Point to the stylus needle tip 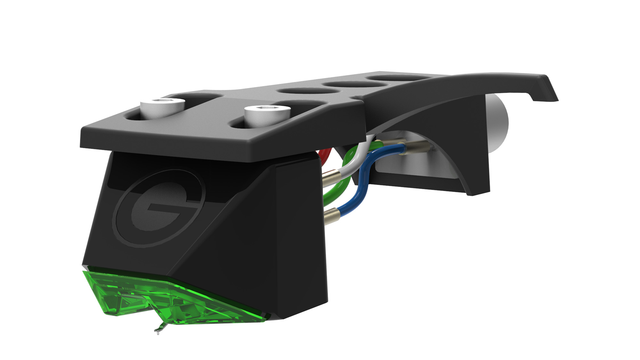pos(157,332)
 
